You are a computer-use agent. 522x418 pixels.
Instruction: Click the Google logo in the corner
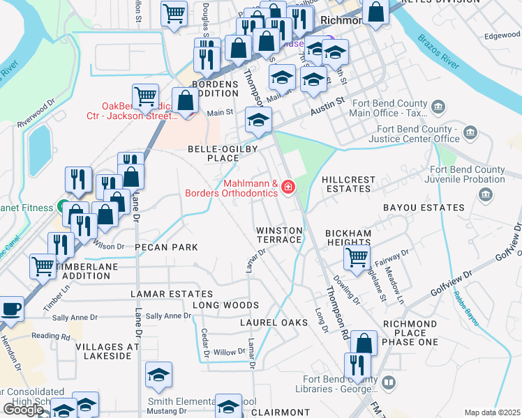[x=22, y=410]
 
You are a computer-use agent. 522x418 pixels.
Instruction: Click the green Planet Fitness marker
[x=63, y=208]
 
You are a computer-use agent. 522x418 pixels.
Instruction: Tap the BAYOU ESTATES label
[x=423, y=208]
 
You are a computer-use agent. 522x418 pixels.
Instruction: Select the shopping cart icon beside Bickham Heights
[x=356, y=258]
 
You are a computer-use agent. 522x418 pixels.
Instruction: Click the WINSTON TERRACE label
[x=279, y=235]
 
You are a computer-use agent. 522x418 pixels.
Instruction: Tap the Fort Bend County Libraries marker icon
[x=389, y=383]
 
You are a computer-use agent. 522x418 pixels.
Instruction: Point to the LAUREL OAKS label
[x=269, y=323]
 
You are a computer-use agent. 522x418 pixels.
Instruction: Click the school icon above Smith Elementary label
[x=159, y=376]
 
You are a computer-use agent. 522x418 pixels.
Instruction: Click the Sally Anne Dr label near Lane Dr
[x=168, y=316]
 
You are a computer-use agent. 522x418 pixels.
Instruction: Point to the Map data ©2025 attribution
[x=492, y=412]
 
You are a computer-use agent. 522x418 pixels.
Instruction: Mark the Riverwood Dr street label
[x=36, y=114]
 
